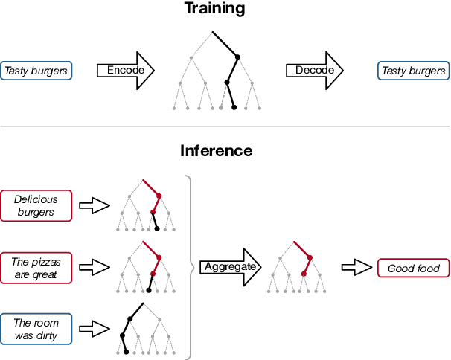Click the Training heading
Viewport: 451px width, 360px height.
215,9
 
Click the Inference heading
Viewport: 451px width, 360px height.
216,151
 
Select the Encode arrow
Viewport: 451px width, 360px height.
125,71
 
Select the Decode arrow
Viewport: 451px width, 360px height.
313,71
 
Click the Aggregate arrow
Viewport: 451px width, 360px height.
229,266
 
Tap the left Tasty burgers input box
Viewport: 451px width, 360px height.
36,71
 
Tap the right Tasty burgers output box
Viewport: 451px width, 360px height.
413,71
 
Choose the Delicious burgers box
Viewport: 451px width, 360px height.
36,206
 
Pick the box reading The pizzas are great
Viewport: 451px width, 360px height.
36,268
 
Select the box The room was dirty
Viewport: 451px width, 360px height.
36,330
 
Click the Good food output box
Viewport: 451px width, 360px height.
413,268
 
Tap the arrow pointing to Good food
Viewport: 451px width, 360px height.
356,268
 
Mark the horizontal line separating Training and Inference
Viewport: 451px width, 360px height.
225,127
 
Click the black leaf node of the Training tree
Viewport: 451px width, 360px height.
234,108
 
